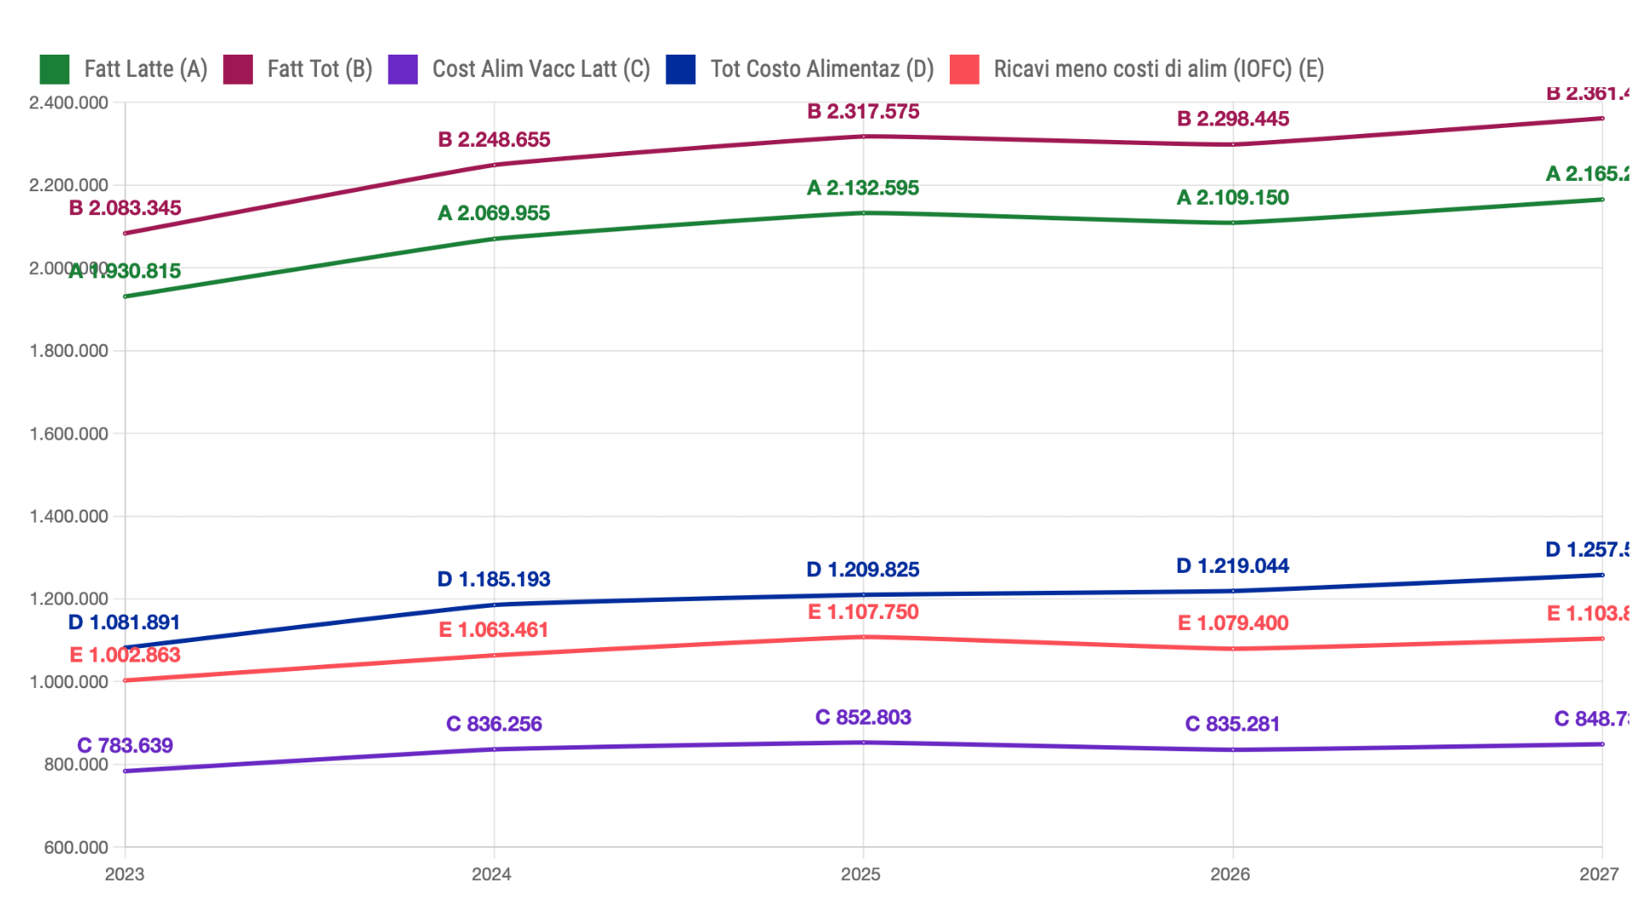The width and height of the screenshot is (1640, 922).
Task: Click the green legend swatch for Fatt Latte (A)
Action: click(x=55, y=69)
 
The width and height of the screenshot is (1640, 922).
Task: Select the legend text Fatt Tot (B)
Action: click(x=319, y=69)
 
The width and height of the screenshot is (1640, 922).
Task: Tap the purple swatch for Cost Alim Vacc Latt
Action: click(x=402, y=69)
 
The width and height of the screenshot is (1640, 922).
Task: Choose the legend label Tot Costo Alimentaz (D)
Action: click(x=822, y=69)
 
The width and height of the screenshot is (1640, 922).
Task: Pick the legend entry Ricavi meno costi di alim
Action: click(x=1158, y=69)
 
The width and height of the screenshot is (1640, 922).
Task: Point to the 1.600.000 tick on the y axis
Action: click(x=69, y=434)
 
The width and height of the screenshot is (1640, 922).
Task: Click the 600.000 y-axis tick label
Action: click(x=76, y=848)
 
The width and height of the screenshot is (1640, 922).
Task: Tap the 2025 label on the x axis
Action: click(x=860, y=874)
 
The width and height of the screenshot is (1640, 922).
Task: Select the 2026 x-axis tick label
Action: click(x=1230, y=874)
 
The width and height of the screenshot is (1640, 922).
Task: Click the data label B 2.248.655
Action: click(x=494, y=140)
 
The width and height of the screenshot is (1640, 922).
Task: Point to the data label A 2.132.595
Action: click(x=863, y=188)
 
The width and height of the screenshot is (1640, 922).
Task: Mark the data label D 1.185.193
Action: click(x=494, y=580)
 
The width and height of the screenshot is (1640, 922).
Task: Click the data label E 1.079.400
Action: click(x=1233, y=623)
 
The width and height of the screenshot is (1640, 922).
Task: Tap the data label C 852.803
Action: click(x=863, y=717)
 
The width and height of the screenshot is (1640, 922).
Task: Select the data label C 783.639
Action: click(x=125, y=745)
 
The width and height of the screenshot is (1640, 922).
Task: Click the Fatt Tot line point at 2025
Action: click(x=864, y=137)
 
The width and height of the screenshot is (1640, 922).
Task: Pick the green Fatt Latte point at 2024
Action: click(x=495, y=239)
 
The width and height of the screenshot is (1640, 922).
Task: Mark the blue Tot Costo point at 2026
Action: click(x=1233, y=591)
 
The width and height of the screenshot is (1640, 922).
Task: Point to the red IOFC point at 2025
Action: click(x=864, y=637)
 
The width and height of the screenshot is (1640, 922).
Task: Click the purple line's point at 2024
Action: click(x=495, y=750)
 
